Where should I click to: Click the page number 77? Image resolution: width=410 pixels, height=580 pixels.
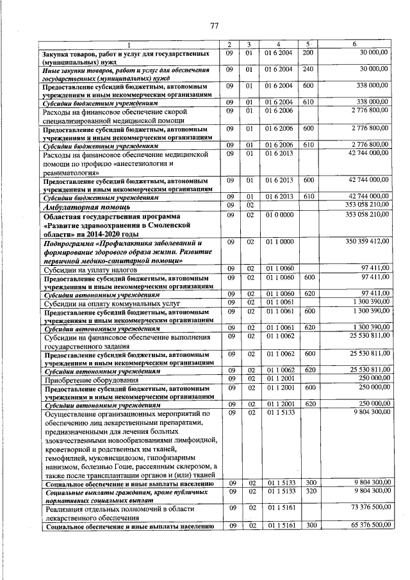click(215, 26)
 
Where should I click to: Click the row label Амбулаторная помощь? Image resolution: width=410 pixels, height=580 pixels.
click(86, 208)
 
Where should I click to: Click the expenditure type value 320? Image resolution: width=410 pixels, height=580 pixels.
click(309, 490)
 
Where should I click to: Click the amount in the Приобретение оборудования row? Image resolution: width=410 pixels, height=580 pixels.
click(370, 377)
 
